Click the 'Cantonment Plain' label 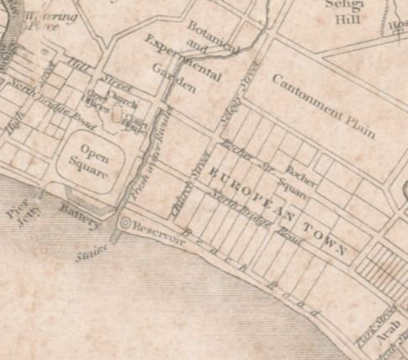tap(323, 106)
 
